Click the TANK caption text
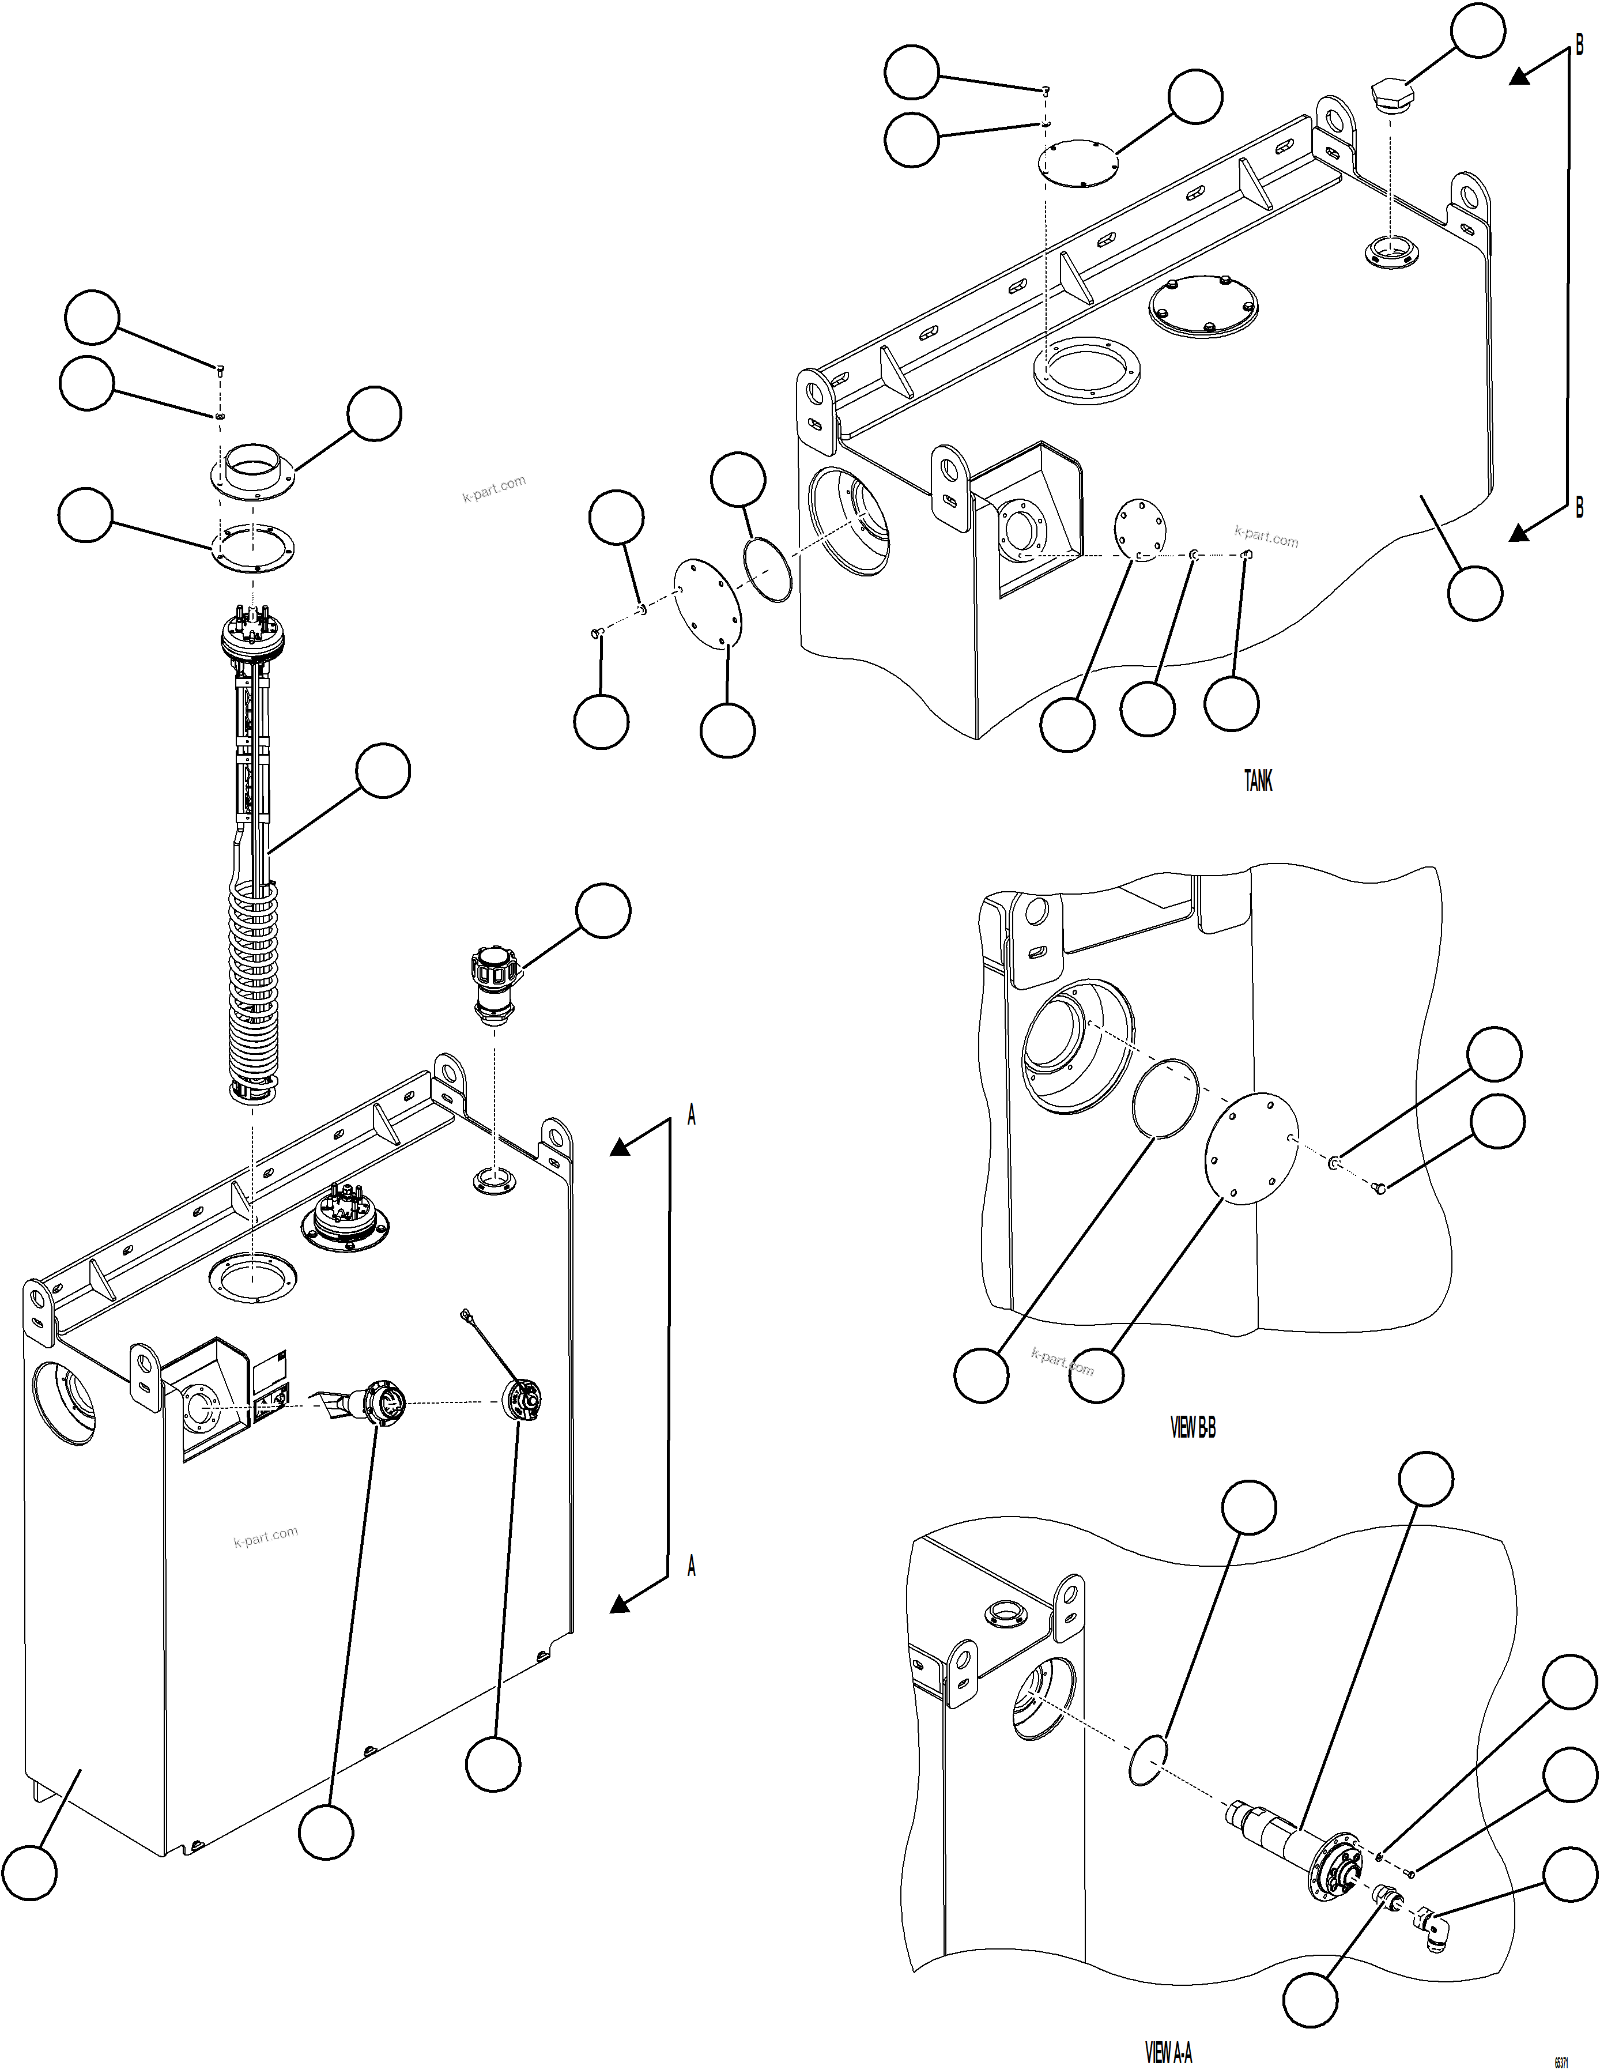(1258, 781)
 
